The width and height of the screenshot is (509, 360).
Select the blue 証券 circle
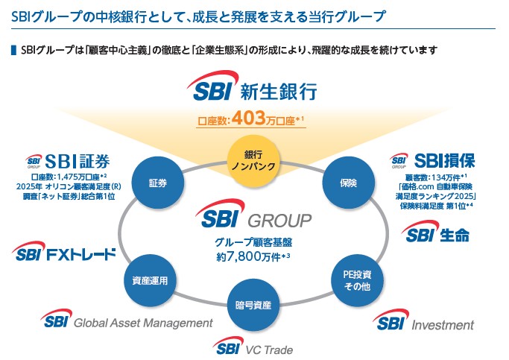(x=156, y=182)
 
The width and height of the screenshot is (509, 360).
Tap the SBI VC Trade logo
(x=253, y=347)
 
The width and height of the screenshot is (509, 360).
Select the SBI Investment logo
(x=423, y=323)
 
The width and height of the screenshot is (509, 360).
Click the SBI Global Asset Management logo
(x=127, y=321)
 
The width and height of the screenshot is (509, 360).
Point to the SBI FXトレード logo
(x=66, y=253)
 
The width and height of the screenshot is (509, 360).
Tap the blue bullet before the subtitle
(x=12, y=50)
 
